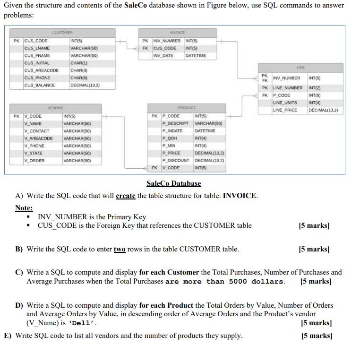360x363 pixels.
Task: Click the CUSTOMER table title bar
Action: (62, 33)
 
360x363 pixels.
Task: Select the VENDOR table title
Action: (55, 108)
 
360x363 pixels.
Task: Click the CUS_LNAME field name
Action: (37, 48)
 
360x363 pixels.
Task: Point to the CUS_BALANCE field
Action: (40, 85)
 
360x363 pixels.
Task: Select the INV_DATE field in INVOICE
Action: (163, 56)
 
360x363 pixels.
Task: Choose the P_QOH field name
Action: (170, 138)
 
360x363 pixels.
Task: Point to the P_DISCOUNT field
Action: (176, 160)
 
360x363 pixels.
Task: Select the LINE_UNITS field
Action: (285, 103)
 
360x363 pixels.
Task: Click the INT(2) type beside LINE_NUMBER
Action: (315, 88)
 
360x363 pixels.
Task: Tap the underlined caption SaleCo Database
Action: (173, 183)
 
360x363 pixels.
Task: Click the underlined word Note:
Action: (24, 208)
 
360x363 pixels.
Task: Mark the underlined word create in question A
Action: (125, 196)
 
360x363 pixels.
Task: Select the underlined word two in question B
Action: (120, 249)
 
